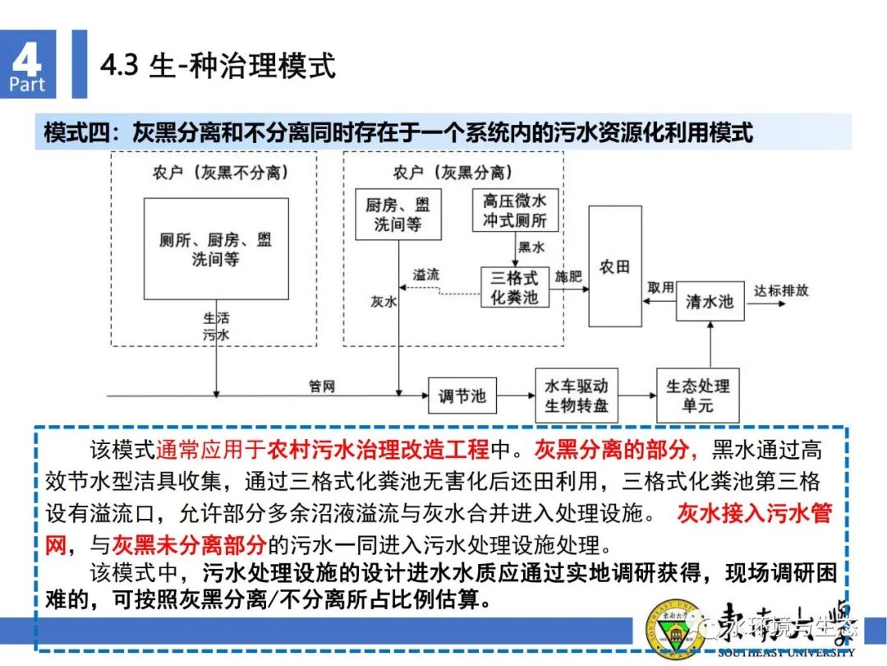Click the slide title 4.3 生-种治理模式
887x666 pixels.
point(218,66)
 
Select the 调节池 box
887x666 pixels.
point(462,396)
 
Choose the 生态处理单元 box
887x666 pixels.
point(697,395)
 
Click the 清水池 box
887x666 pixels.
point(709,302)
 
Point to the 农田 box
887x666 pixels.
point(614,266)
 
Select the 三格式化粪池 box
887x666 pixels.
point(514,287)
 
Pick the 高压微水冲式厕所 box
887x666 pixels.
point(515,211)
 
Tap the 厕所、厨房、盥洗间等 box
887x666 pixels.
point(216,249)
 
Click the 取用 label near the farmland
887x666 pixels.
point(660,287)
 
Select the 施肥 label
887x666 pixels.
point(568,276)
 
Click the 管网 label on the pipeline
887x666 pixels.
point(322,386)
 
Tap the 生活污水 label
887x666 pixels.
point(217,326)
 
